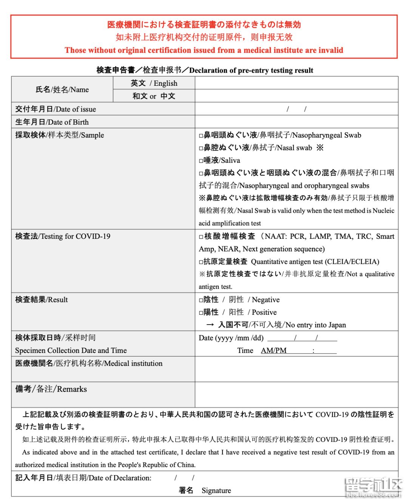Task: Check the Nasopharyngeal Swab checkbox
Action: pos(201,135)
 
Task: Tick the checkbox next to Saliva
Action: pos(201,161)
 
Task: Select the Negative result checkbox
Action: pos(201,300)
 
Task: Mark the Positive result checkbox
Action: pos(201,313)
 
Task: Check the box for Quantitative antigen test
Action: pos(201,262)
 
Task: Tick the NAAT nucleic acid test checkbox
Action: pos(201,237)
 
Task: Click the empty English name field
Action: pos(296,83)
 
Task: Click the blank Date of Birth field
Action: pos(296,122)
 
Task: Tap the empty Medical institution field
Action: pos(296,369)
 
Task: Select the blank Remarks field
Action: pos(296,395)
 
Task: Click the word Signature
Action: pos(216,491)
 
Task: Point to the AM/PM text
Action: pos(274,350)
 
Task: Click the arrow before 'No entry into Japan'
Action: pos(210,325)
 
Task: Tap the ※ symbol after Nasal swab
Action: pos(320,148)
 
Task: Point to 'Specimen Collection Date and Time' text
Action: pos(71,350)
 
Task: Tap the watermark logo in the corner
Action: pos(373,487)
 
